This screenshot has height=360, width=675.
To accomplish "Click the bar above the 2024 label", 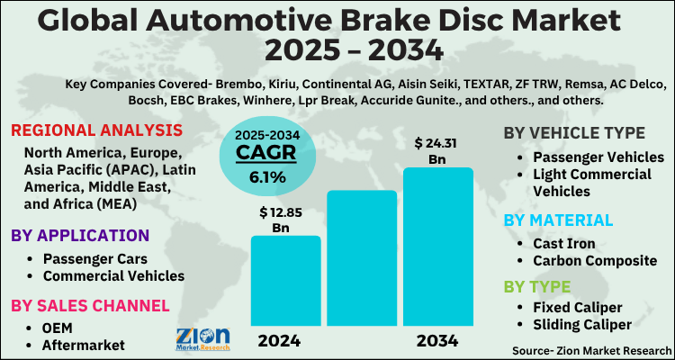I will coord(285,281).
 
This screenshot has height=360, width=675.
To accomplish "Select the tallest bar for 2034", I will coord(437,247).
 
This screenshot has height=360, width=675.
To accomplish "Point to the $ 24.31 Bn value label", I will coord(437,150).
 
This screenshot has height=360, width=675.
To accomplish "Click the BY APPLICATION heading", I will coord(80,236).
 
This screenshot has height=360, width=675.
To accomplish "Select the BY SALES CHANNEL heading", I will coord(90,305).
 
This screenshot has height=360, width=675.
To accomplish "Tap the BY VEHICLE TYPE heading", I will coord(574,133).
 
